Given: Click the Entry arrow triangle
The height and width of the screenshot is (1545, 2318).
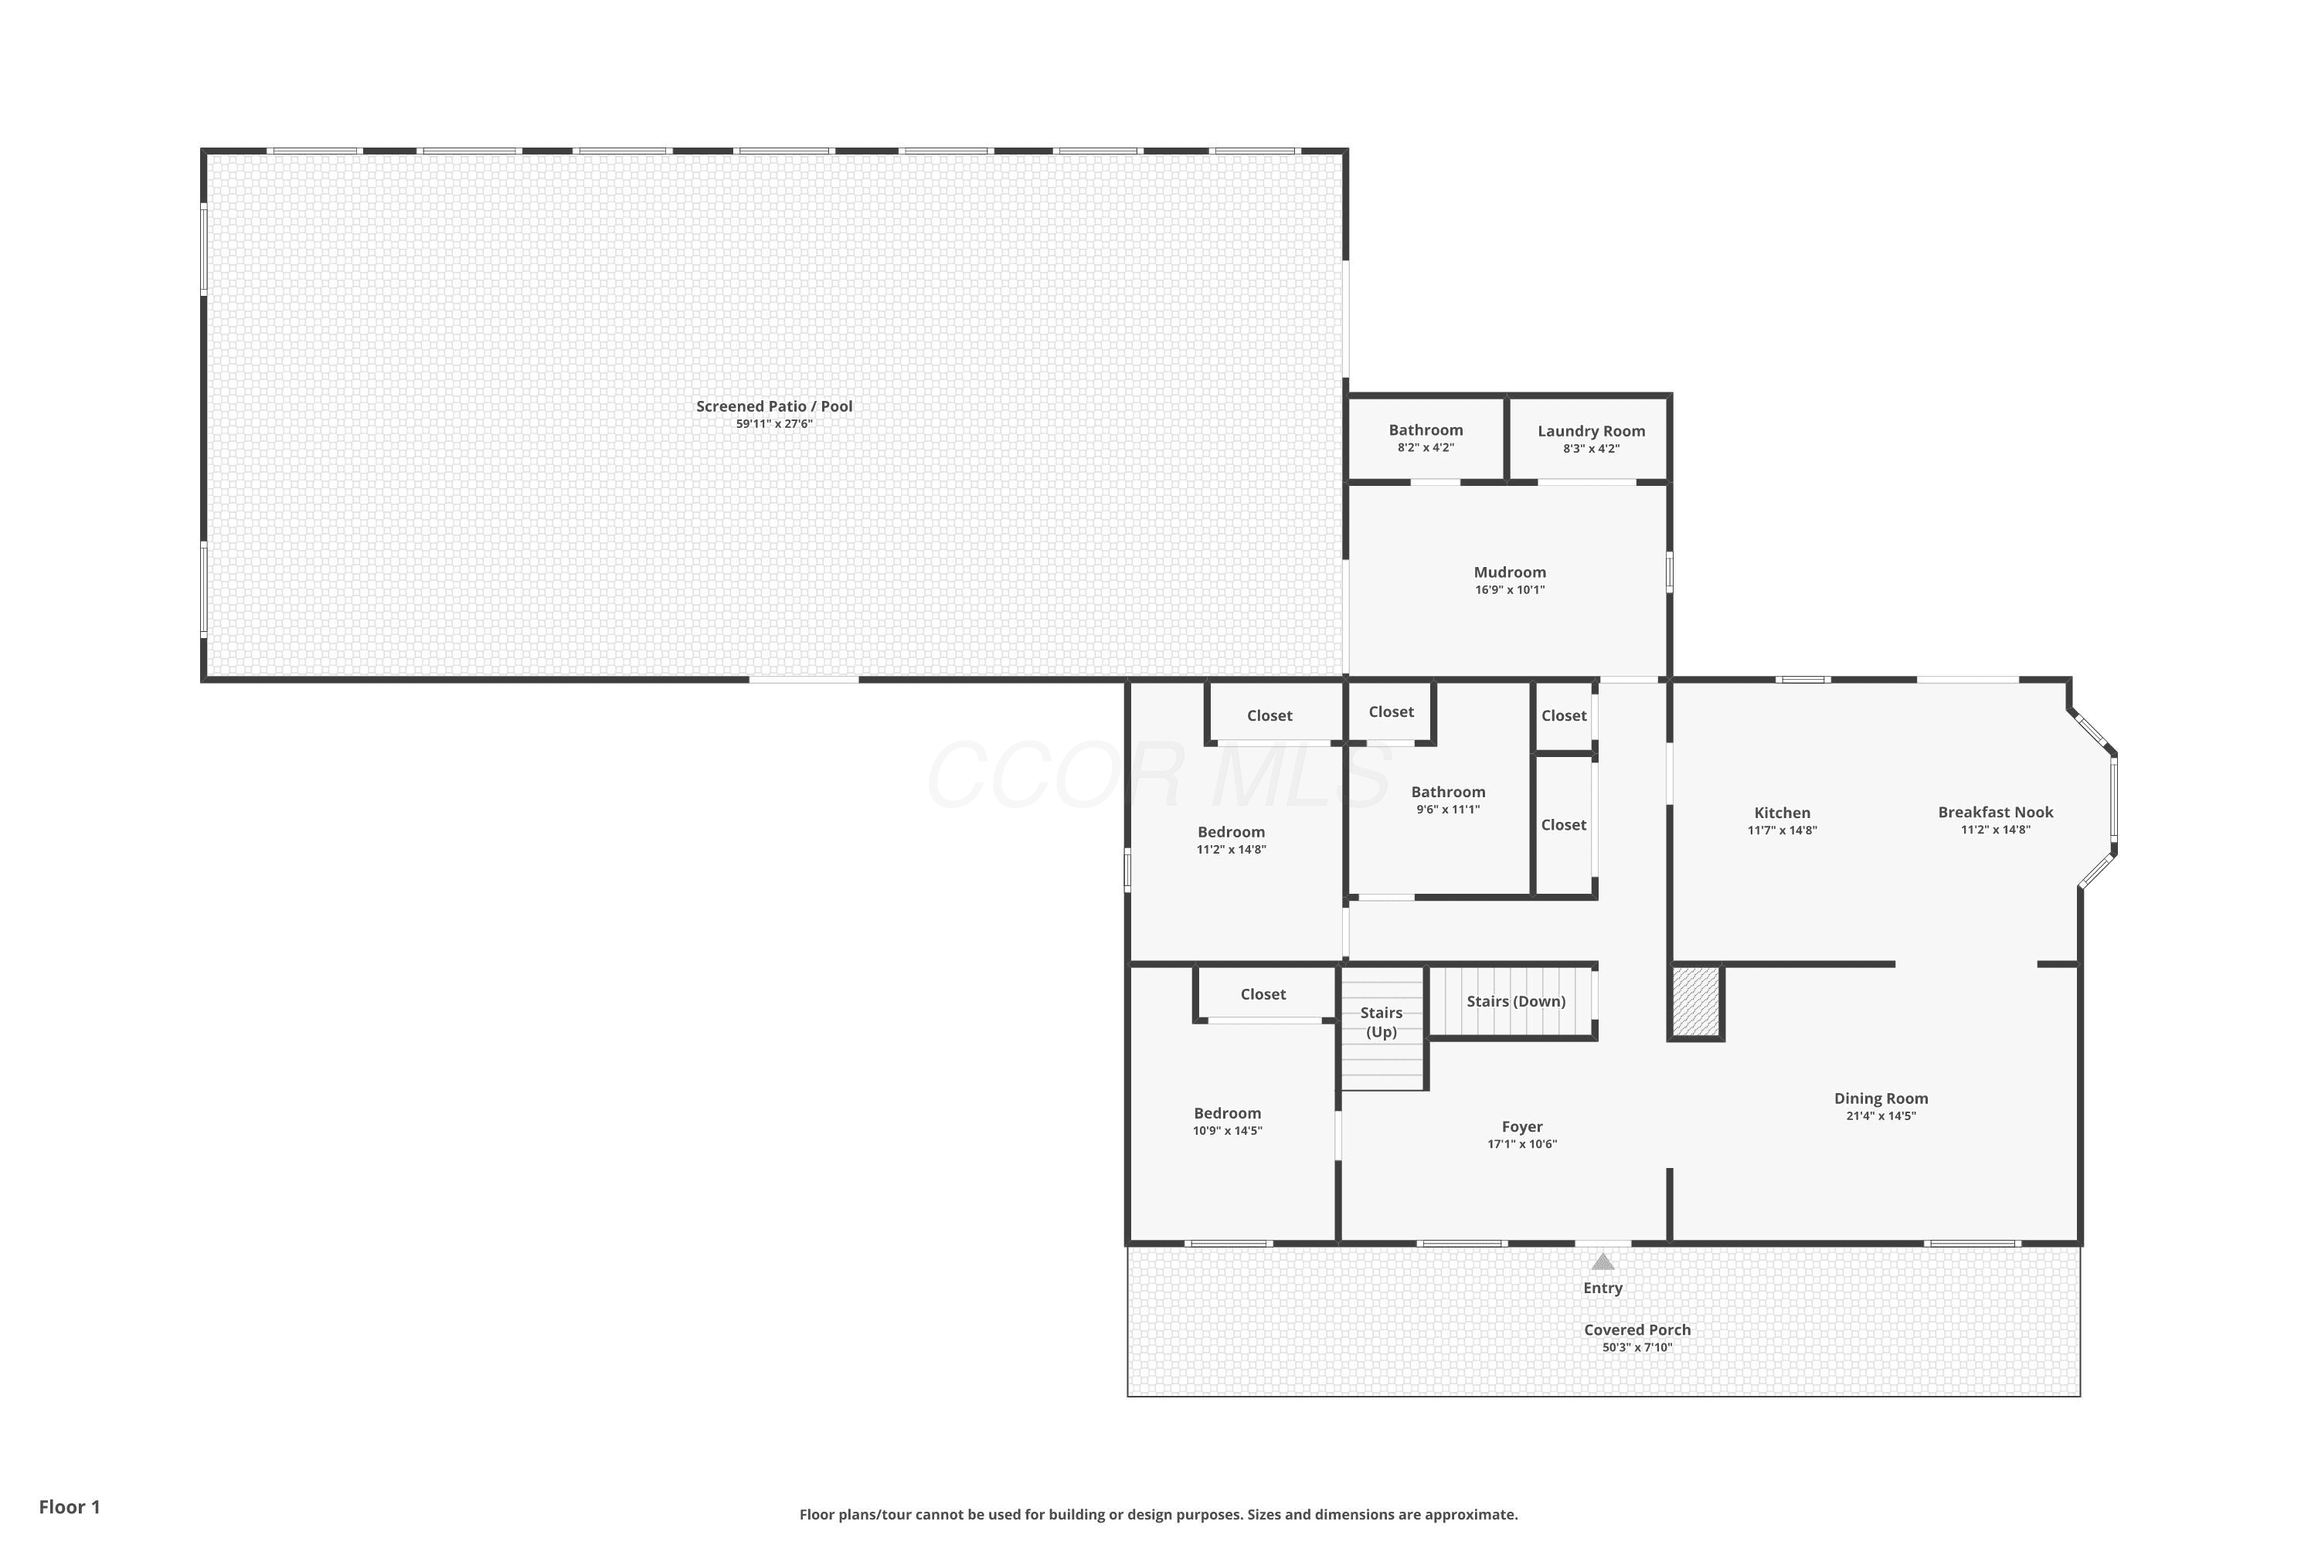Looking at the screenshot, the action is coord(1603,1261).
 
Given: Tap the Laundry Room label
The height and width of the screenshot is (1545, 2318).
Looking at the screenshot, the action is coord(1592,430).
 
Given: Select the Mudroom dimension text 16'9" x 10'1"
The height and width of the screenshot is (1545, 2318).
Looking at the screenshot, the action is coord(1510,590).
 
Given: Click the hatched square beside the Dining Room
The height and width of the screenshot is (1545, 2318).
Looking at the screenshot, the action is coord(1696,1001).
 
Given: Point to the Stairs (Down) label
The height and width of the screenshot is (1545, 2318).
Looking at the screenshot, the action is coord(1516,1001).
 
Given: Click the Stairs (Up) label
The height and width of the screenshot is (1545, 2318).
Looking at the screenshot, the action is coord(1382,1022).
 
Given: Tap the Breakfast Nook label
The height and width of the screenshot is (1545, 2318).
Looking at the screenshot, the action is coord(1996,812).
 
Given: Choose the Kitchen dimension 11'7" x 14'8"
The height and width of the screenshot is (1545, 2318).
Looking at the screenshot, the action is coord(1782,830).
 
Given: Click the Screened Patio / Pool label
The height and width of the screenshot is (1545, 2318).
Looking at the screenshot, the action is coord(775,406).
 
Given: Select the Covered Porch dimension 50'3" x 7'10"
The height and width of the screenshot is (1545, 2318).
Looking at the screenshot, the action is coord(1637,1348).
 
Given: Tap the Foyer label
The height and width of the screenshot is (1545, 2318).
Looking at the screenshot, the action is coord(1523,1126).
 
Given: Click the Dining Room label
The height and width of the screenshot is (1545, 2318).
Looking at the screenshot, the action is coord(1881,1098).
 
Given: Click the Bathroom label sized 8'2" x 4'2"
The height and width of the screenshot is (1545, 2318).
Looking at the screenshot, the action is coord(1426,430).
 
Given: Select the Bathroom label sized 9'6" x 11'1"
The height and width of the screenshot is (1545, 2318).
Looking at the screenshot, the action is coord(1449,791).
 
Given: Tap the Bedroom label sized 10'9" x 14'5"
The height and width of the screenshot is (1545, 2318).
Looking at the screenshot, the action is coord(1227,1113).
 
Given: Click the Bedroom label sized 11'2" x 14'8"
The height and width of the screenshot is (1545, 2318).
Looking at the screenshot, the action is coord(1231,832).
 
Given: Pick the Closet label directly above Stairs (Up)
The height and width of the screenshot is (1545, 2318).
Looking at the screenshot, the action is coord(1263,994).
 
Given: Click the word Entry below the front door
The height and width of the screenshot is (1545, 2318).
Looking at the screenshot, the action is coord(1603,1288).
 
